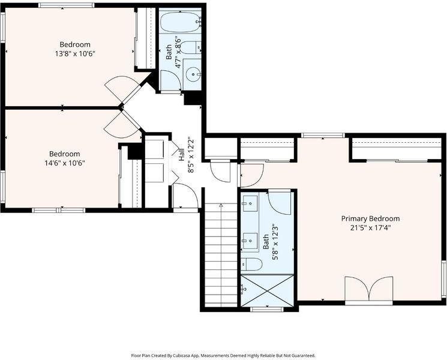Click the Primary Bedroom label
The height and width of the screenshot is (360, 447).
(370, 218)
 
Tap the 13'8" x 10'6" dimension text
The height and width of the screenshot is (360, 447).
(75, 53)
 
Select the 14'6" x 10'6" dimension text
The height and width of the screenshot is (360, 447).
(65, 163)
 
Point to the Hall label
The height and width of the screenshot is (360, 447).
(182, 155)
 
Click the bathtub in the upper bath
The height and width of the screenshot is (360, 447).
(180, 22)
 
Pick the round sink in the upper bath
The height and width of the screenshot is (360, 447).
(193, 74)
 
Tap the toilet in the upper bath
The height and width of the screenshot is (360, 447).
(191, 47)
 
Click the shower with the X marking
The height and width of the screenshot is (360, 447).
(267, 291)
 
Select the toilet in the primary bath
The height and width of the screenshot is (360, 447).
(251, 264)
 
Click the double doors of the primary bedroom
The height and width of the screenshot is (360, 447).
(369, 289)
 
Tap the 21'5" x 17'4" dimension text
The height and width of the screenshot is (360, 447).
(370, 228)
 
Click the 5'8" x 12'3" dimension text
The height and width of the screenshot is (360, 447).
(275, 242)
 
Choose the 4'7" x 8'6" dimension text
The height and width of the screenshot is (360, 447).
(178, 52)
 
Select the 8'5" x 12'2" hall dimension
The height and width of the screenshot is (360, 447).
(191, 155)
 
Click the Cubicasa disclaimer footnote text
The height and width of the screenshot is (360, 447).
(223, 355)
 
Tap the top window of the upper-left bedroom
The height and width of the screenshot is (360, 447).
(67, 5)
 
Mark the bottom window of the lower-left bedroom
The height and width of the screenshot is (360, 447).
(58, 211)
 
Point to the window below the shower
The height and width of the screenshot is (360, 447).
(267, 309)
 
